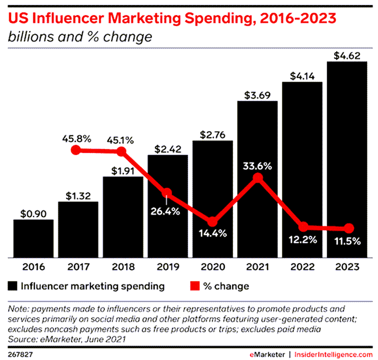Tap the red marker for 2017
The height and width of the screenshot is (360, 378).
76,150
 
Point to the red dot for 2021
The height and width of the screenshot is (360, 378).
258,178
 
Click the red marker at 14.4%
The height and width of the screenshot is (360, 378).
212,222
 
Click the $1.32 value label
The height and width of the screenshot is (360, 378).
78,194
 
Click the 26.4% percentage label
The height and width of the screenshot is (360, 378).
167,211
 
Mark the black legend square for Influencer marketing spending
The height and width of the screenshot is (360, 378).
13,286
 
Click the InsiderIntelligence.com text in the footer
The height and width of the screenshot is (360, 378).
335,354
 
